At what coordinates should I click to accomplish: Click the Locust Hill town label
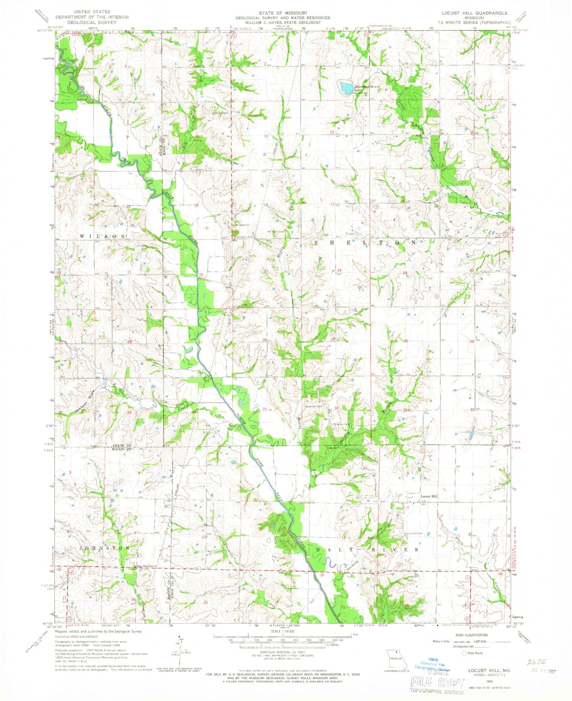[x=429, y=496]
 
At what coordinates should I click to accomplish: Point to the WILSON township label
[x=103, y=237]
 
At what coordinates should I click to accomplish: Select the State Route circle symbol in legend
[x=464, y=653]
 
